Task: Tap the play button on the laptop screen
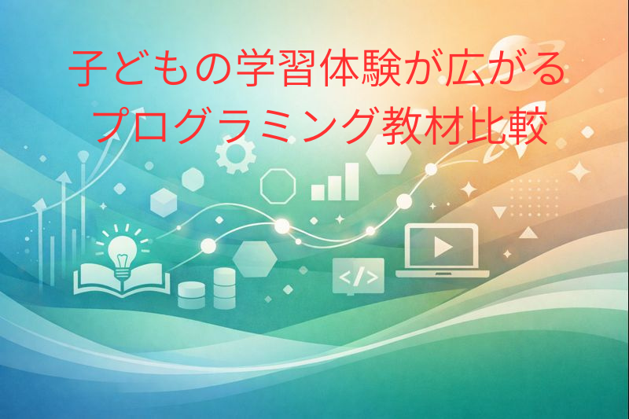tap(442, 247)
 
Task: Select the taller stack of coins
tap(224, 285)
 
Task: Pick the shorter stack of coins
tap(191, 294)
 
